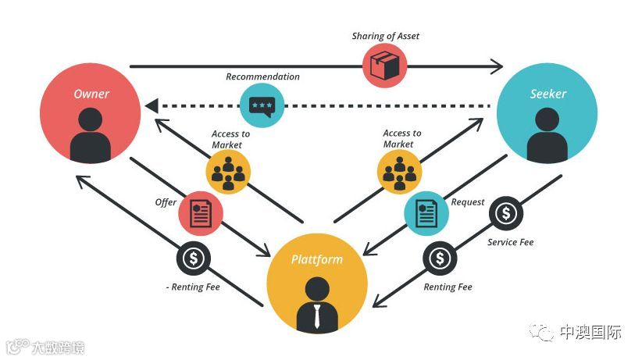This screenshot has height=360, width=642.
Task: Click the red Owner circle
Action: (91, 113)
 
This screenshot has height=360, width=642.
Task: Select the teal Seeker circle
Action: (547, 113)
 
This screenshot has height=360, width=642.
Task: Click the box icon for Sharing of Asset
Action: (385, 66)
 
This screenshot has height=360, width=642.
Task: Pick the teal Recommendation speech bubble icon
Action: (262, 105)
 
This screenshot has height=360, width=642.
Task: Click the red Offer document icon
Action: (201, 213)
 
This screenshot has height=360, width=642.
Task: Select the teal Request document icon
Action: (426, 213)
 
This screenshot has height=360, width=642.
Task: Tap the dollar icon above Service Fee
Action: (507, 213)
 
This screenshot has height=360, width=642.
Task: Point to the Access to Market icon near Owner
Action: (228, 171)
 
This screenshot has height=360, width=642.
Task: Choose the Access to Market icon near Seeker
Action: (399, 171)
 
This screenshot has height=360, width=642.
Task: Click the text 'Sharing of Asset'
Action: (385, 36)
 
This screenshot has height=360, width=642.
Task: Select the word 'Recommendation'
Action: (262, 77)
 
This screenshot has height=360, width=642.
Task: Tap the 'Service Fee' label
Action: (510, 243)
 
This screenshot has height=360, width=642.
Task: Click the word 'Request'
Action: (468, 202)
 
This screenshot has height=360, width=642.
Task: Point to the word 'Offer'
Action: (166, 203)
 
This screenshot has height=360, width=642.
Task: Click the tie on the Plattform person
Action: (316, 315)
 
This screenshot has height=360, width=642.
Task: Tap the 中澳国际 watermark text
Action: (590, 333)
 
